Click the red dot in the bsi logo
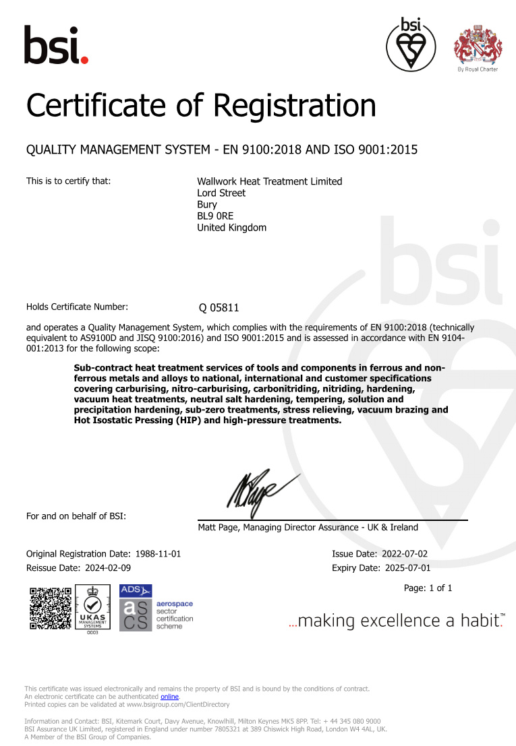coord(84,60)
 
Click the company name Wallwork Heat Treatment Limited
coord(269,181)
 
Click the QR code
coord(50,608)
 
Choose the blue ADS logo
coord(135,590)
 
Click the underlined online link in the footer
coord(169,697)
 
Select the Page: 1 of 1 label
coord(428,588)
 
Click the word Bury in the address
coord(207,204)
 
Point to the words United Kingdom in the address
coord(231,227)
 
